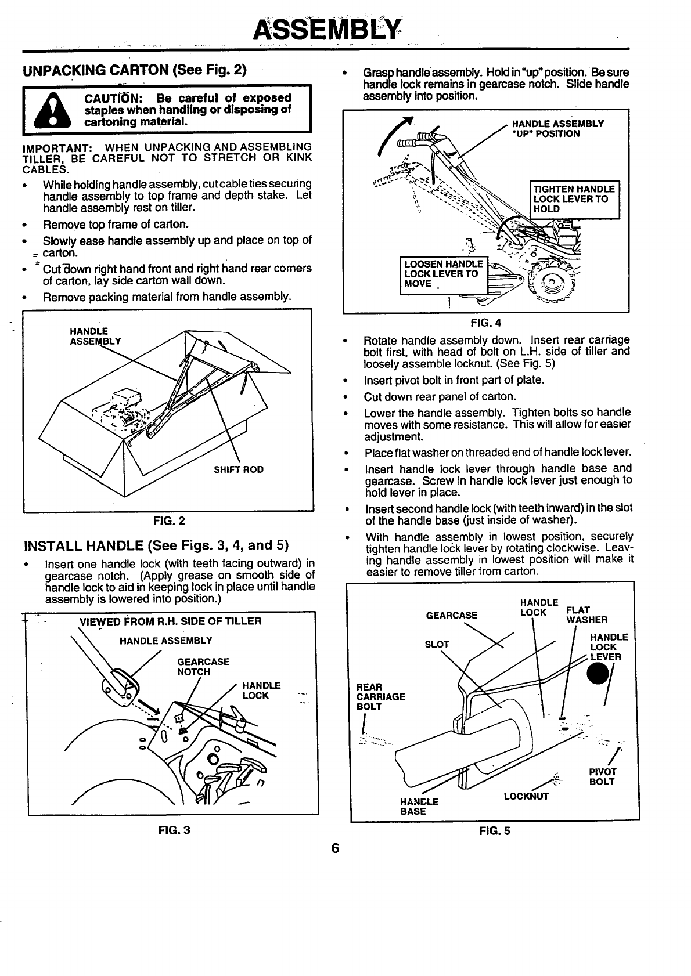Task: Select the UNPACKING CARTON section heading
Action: [135, 71]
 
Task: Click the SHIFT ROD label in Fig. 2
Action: [239, 469]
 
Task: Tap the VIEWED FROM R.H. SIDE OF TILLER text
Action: [170, 621]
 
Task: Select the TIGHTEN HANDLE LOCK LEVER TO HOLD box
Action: [575, 199]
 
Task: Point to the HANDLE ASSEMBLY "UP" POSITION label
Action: [556, 128]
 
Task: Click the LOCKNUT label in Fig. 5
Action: [526, 796]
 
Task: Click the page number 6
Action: [335, 848]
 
